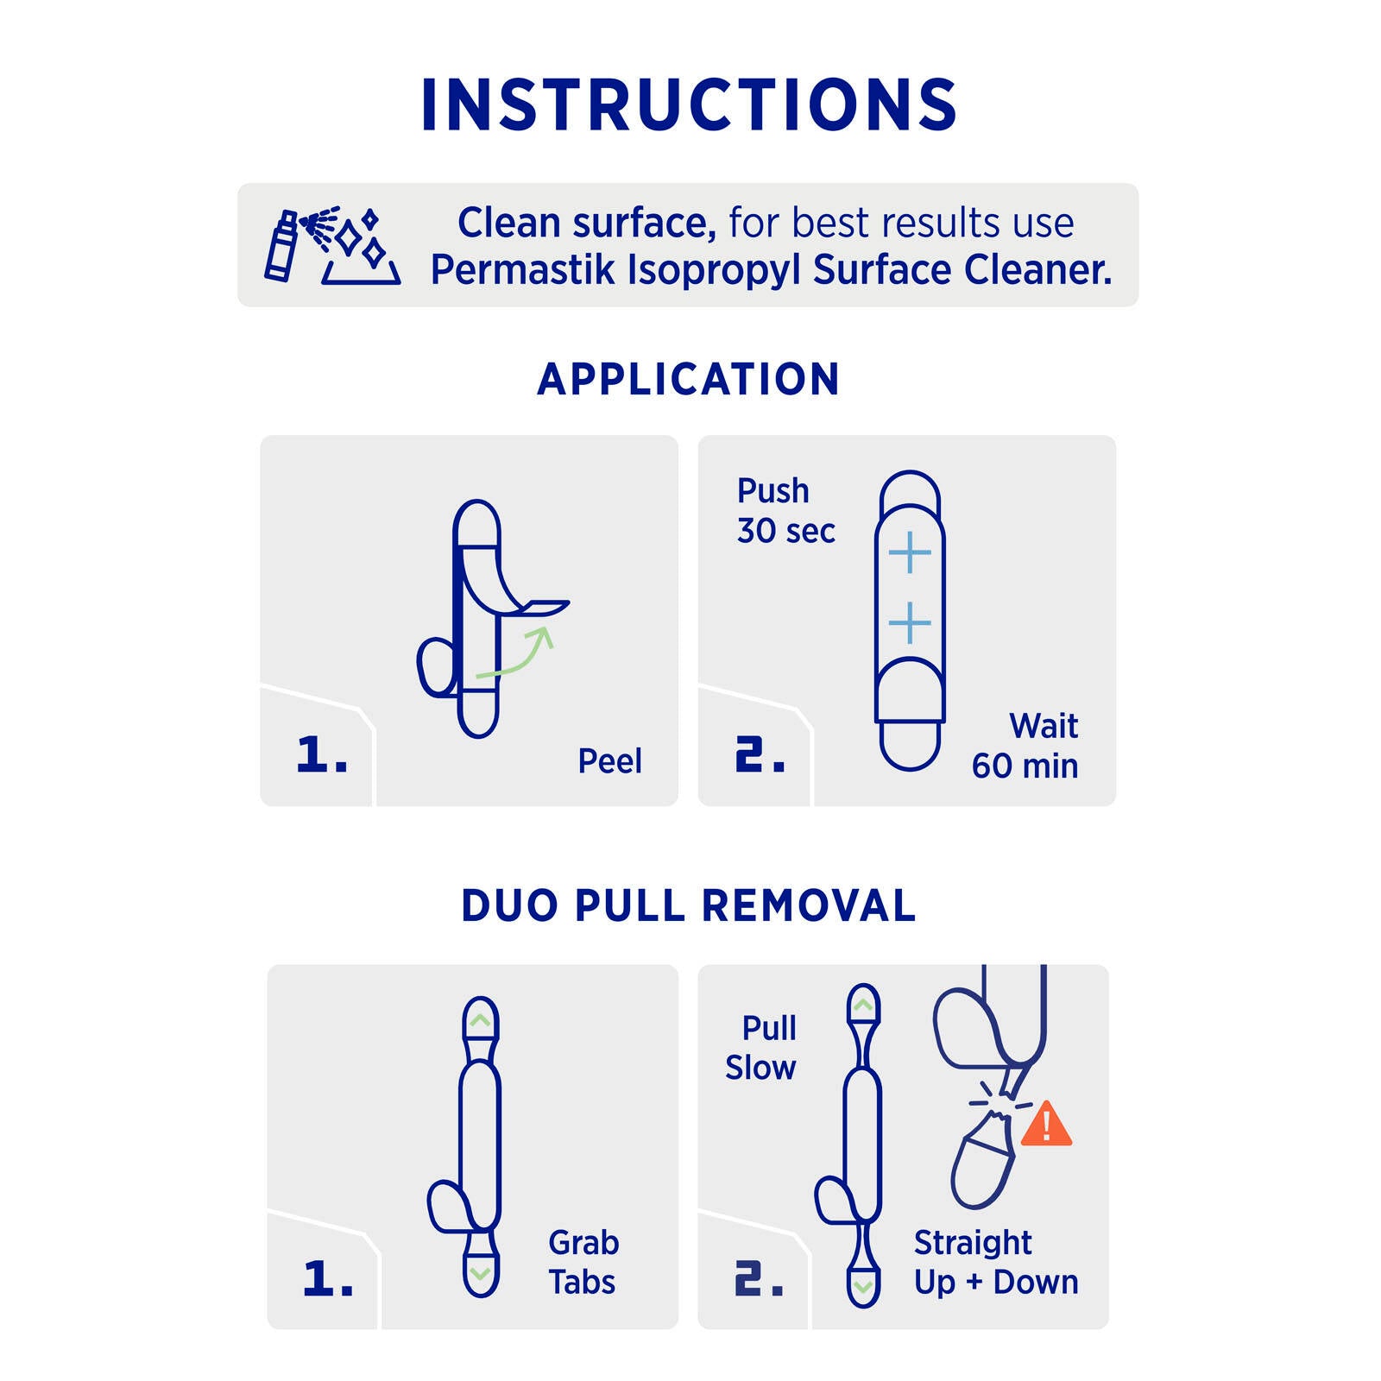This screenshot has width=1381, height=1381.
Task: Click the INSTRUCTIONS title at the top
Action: coord(689,104)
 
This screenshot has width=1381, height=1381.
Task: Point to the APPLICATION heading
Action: coord(689,379)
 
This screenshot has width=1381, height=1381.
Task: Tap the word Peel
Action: coord(609,761)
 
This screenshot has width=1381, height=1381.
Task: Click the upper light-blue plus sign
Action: coord(910,552)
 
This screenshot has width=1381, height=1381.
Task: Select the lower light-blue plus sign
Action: coord(910,623)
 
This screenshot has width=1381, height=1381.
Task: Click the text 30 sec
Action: coord(785,531)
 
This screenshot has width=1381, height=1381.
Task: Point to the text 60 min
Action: coord(1025,766)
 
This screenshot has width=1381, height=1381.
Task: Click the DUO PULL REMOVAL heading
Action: coord(689,905)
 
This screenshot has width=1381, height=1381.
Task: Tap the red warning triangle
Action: coord(1046,1125)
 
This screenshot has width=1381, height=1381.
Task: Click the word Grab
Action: coord(583,1243)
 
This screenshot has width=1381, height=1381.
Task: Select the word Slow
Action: coord(760,1068)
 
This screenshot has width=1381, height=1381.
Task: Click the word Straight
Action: coord(973,1244)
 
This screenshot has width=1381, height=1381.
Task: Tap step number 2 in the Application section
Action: coord(760,754)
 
